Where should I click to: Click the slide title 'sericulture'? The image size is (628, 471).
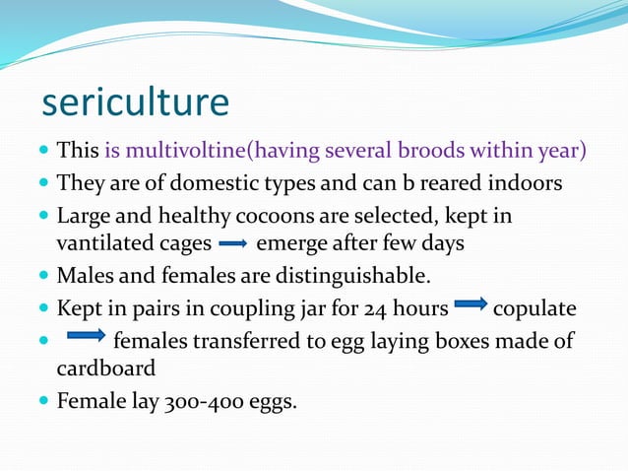(135, 101)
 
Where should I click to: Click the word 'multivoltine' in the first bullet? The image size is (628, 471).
(188, 152)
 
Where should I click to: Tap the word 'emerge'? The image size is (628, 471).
(286, 241)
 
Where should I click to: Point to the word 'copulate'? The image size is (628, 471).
(534, 308)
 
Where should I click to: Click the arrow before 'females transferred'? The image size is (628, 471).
(86, 340)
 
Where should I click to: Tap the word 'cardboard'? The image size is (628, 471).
(105, 368)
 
